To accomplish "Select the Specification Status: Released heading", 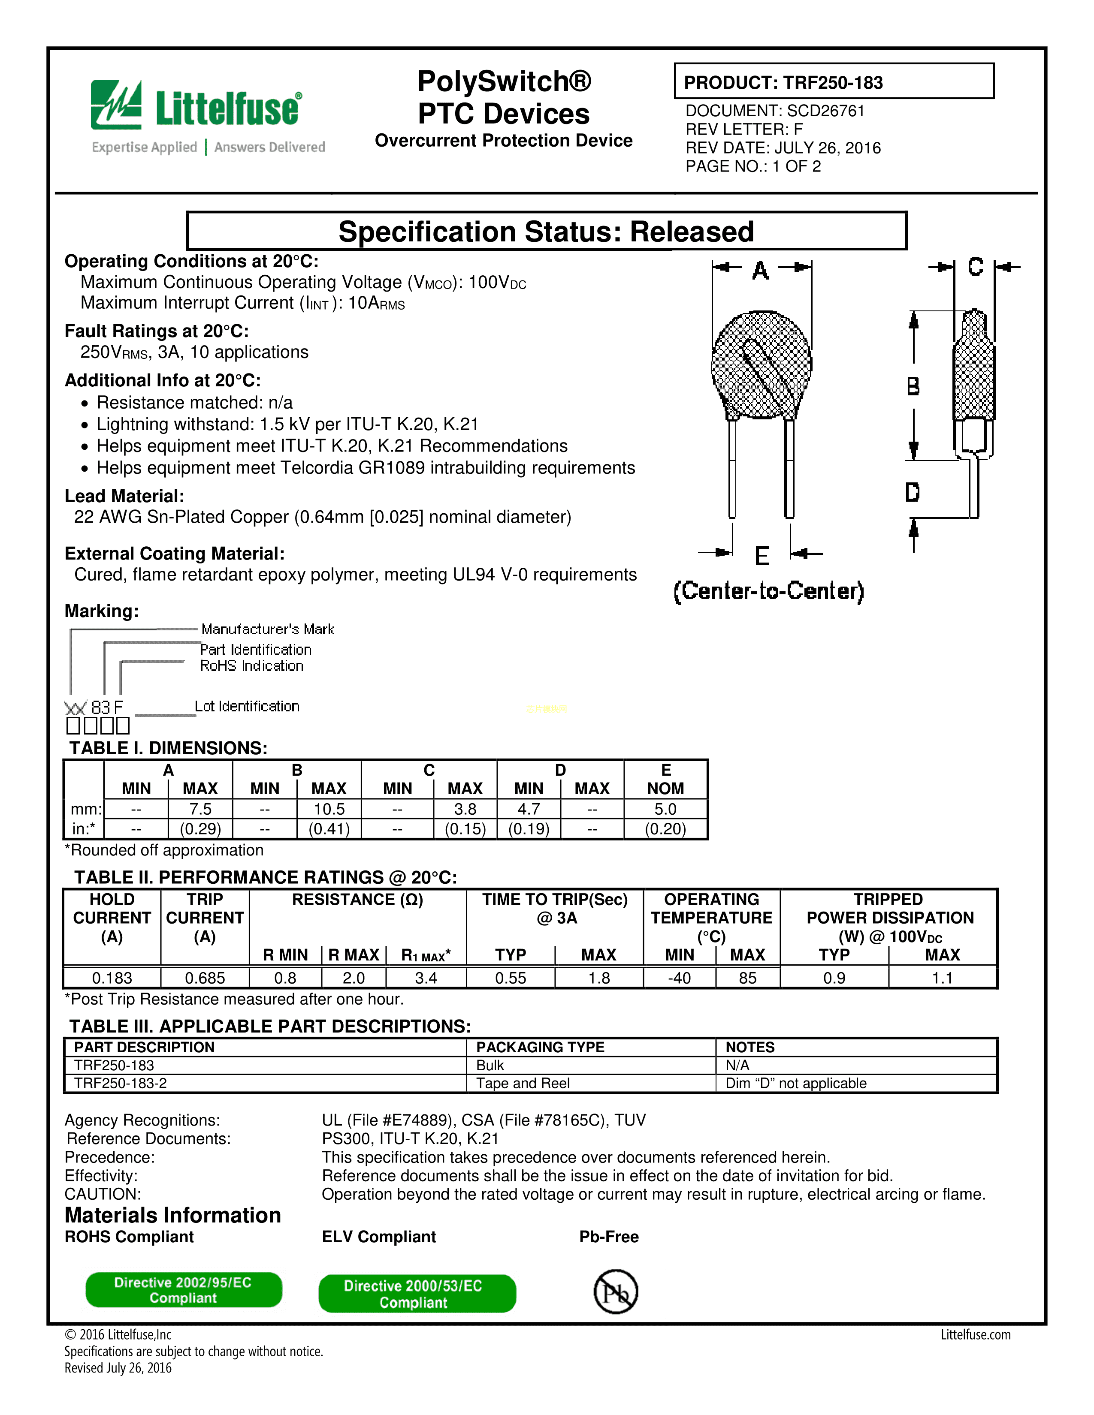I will click(x=546, y=231).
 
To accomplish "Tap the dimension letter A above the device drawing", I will click(x=761, y=270).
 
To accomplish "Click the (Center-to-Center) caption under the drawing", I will click(x=769, y=591).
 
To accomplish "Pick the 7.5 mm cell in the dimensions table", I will click(x=200, y=809).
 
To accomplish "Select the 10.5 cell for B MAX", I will click(x=329, y=809).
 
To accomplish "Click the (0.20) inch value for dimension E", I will click(x=665, y=829).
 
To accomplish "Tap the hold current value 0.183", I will click(x=112, y=978).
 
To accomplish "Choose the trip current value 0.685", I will click(x=205, y=978).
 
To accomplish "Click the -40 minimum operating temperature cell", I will click(x=679, y=978).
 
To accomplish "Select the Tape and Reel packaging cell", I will click(x=523, y=1083).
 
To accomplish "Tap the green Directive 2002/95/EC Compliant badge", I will click(x=184, y=1290).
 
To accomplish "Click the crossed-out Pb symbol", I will click(x=616, y=1291).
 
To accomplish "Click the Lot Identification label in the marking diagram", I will click(x=247, y=706).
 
